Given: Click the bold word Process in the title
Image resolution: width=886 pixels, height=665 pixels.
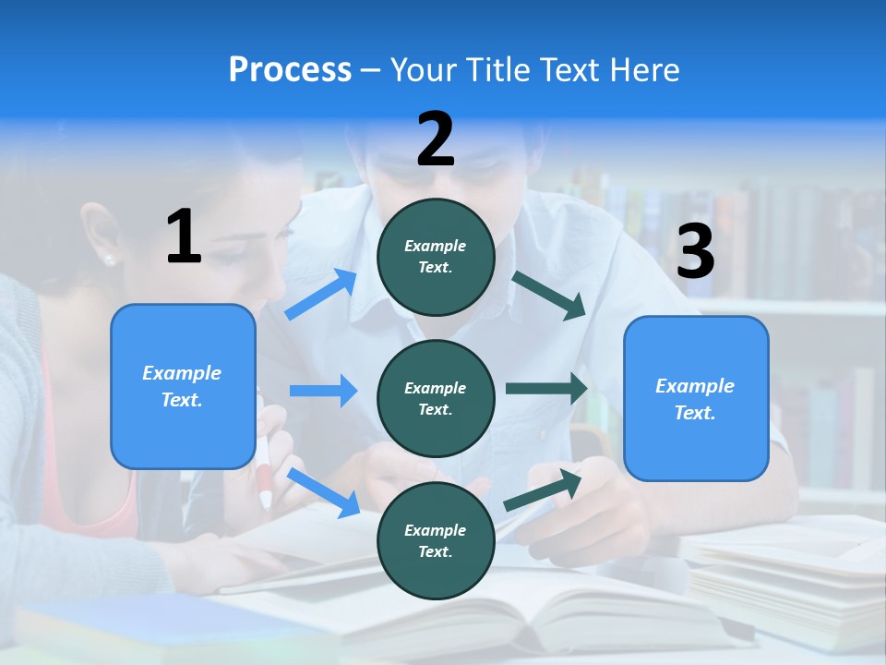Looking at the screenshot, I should point(290,70).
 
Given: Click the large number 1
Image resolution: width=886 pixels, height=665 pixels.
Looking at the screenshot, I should point(184,237).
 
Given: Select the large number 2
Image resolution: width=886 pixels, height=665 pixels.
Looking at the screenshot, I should point(436,139).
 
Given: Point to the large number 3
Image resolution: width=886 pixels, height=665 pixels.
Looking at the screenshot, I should point(695,252).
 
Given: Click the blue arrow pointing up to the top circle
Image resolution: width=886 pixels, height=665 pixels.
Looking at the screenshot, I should point(321,294).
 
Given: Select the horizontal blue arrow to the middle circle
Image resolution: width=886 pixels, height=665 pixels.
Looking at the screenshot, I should point(323,391).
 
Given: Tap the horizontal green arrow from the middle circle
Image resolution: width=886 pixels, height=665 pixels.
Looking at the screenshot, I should point(545,389).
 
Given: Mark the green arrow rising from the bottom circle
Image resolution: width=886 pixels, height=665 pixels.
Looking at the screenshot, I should point(543,490).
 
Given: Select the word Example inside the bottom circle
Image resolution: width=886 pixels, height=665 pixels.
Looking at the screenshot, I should point(435,530).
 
